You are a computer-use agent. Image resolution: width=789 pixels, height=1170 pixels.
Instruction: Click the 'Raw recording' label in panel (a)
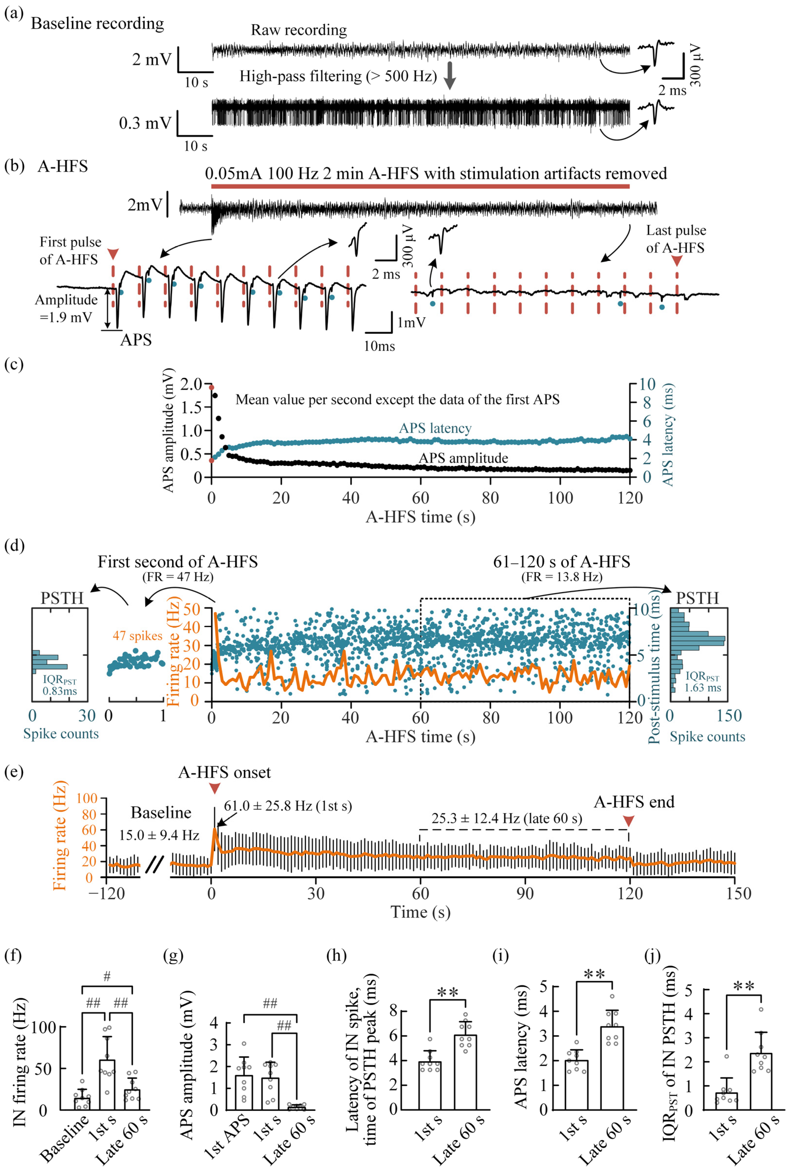coord(299,30)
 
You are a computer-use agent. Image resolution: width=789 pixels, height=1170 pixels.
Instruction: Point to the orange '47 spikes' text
coord(137,636)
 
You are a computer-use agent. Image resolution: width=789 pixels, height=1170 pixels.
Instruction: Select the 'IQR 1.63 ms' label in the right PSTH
coord(703,683)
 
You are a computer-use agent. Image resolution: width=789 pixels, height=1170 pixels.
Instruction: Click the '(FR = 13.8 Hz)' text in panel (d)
coord(562,577)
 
